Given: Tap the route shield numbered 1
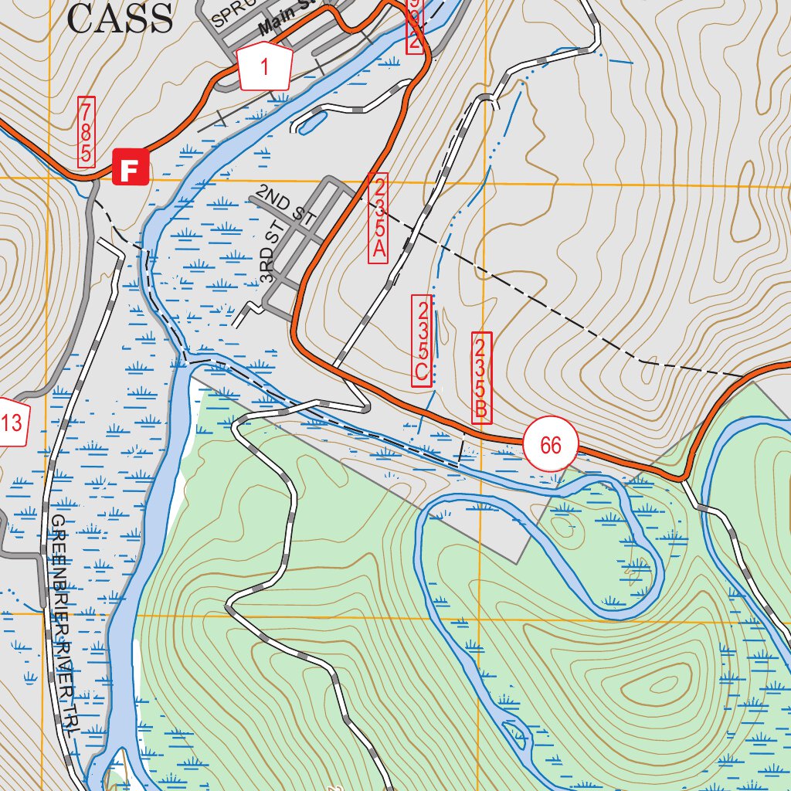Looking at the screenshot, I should point(263,68).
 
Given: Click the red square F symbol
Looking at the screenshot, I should point(130,168).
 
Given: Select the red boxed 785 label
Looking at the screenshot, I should point(86,132).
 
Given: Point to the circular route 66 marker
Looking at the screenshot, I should point(550,446).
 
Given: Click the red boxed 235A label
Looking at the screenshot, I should point(379,219).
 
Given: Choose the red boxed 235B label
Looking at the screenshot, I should point(480,378).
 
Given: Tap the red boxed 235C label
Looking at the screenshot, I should point(422,340).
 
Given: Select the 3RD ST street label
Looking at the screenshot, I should point(268,263).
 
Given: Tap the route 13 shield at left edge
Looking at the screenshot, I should point(13,423).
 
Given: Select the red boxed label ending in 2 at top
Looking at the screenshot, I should point(415,26).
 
